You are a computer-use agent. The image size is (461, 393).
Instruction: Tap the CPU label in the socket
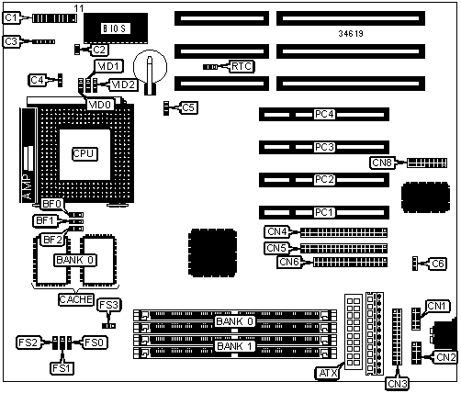[84, 154]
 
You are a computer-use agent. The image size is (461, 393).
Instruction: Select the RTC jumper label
[242, 66]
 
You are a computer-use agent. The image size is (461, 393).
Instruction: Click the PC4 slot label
[324, 114]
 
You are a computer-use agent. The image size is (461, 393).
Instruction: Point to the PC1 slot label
[324, 212]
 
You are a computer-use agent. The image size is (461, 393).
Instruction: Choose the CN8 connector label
[382, 163]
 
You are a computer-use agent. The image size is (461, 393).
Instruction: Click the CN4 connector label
[277, 231]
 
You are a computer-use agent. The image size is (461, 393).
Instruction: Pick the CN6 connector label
[289, 262]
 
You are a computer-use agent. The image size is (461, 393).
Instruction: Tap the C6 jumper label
[438, 264]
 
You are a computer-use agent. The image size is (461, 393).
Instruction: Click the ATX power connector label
[328, 373]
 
